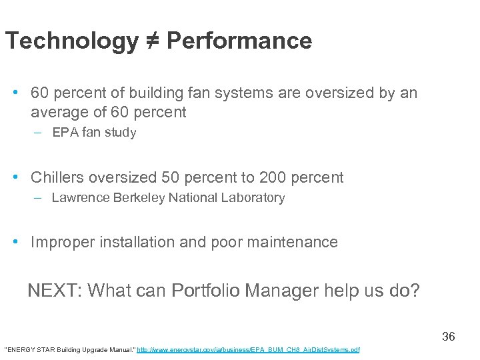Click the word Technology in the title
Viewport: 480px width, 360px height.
pos(70,41)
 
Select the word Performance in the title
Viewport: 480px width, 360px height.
pos(239,41)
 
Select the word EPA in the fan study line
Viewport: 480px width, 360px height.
pos(64,133)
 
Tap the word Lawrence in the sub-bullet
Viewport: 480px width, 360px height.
pos(77,198)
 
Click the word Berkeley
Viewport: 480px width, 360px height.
pos(136,198)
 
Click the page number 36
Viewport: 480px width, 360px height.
pos(449,337)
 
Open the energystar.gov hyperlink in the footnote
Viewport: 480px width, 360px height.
pos(248,350)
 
